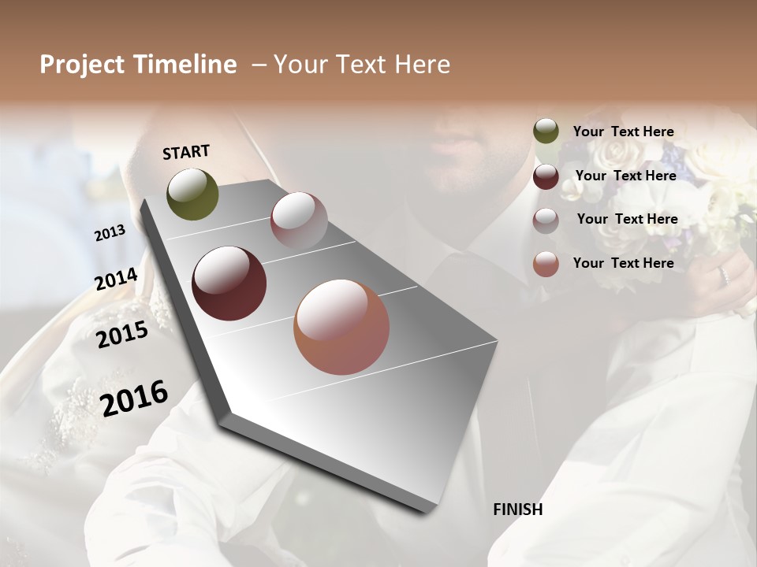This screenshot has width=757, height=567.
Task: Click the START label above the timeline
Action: click(186, 152)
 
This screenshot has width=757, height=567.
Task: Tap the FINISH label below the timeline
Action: click(517, 510)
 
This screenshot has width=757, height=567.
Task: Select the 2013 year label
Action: click(110, 233)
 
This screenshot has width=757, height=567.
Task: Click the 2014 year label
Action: click(116, 280)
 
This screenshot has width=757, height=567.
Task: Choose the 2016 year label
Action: click(134, 398)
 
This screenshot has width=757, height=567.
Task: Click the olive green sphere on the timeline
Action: click(192, 194)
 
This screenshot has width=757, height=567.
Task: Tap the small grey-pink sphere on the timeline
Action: click(299, 220)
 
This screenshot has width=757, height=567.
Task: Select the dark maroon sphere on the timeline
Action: click(229, 283)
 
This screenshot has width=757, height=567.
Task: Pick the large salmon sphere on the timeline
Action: click(341, 327)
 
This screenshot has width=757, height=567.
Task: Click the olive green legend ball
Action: click(546, 132)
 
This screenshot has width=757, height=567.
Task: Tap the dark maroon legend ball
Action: click(546, 176)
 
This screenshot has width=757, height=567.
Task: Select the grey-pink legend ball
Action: click(546, 220)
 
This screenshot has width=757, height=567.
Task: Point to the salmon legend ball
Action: click(546, 264)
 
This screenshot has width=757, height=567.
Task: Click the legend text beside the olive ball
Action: click(623, 132)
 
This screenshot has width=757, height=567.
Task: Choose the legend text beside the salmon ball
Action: click(623, 263)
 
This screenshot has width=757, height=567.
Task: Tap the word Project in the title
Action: click(81, 65)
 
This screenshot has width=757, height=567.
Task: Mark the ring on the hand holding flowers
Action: click(722, 276)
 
